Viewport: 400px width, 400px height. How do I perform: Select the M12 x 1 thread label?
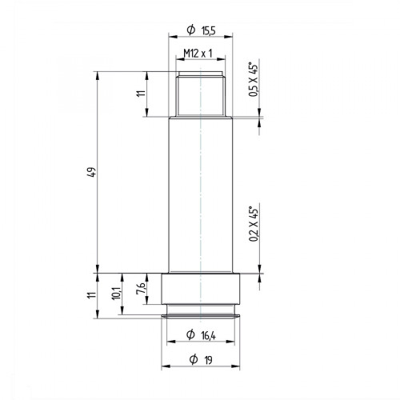pos(198,54)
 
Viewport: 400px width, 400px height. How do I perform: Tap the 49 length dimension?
pos(92,172)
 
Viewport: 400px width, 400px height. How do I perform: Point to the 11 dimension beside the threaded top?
pos(140,94)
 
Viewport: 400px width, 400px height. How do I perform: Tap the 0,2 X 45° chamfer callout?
pos(254,224)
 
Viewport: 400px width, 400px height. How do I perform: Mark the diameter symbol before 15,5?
pos(190,30)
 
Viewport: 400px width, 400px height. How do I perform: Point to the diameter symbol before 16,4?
pos(190,335)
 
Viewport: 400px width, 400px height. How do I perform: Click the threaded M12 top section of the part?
pos(200,94)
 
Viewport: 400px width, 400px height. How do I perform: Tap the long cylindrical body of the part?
pos(200,192)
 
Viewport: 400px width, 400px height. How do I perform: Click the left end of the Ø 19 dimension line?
pos(162,367)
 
